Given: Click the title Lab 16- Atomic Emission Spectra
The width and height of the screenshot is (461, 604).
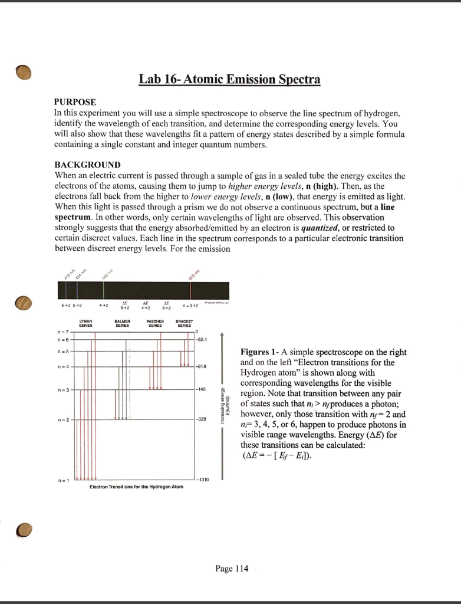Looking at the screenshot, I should coord(229,79).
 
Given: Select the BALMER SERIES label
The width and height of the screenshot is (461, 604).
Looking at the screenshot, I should coord(122,324).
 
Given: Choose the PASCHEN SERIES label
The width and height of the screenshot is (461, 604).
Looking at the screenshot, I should coord(155,324).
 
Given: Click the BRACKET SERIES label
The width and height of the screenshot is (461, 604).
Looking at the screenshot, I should coord(185,324).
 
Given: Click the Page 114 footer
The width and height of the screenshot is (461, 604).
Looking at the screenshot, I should coord(232,569).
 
